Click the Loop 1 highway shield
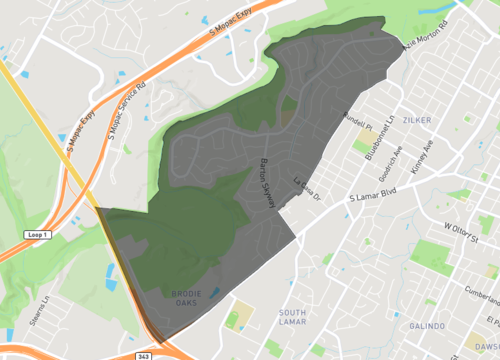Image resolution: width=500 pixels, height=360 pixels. click(x=32, y=234)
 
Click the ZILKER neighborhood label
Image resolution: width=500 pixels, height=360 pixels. click(x=415, y=119)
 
